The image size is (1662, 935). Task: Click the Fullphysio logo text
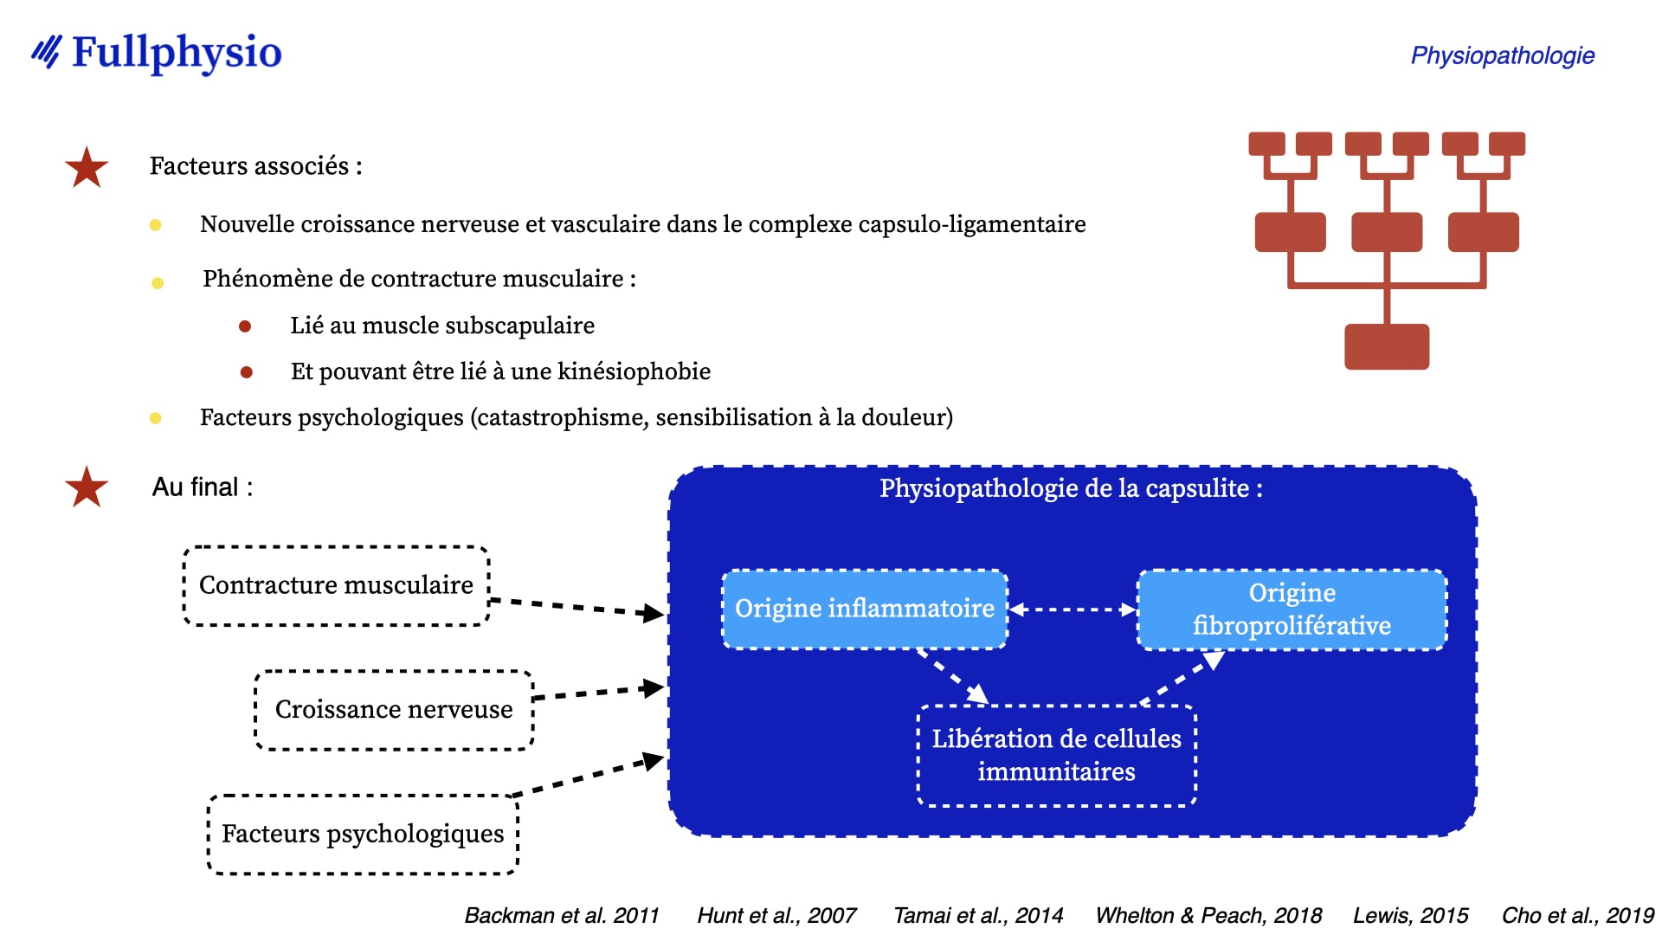point(177,53)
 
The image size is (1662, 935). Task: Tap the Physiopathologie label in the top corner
point(1502,55)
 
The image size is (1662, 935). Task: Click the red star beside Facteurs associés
point(87,168)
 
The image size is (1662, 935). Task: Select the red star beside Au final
point(87,487)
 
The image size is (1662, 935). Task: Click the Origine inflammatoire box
point(865,609)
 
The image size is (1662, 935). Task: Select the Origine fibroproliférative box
point(1292,609)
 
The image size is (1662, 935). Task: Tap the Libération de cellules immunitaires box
point(1056,756)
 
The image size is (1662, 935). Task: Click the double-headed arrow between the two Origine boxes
point(1073,609)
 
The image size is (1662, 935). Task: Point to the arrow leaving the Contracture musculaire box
point(577,607)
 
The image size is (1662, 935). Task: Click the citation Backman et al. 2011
point(562,916)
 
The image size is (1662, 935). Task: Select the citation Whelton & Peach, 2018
point(1208,916)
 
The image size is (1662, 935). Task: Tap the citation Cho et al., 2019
point(1578,916)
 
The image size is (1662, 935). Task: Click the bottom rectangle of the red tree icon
point(1387,346)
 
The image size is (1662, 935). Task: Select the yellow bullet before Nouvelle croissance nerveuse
point(156,225)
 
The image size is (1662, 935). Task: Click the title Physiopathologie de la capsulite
point(1071,488)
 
